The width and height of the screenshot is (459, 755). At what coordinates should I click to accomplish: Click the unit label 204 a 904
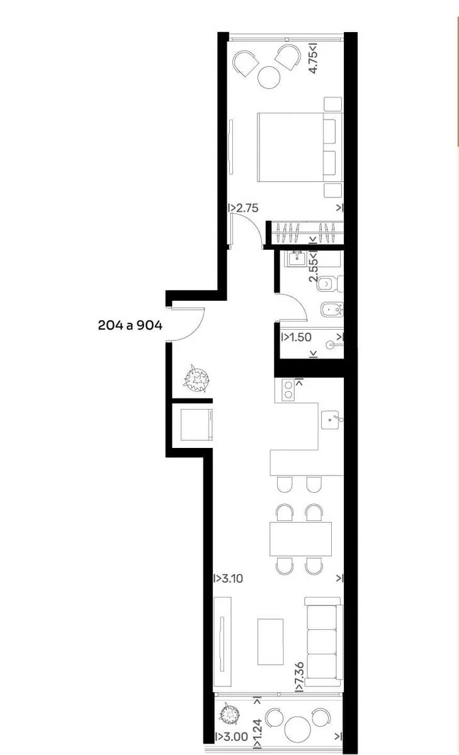pyautogui.click(x=130, y=325)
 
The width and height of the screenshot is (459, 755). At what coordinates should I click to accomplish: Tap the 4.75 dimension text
pyautogui.click(x=314, y=59)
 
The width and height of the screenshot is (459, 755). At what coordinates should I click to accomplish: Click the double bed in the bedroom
pyautogui.click(x=300, y=147)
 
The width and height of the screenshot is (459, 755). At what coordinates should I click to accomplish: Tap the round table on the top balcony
pyautogui.click(x=269, y=78)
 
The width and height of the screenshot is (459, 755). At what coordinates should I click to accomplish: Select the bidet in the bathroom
pyautogui.click(x=332, y=310)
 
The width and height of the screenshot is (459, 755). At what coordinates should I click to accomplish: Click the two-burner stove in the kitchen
pyautogui.click(x=288, y=389)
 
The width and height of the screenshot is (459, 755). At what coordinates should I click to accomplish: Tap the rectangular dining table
pyautogui.click(x=300, y=539)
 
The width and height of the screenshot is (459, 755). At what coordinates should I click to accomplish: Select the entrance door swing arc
pyautogui.click(x=197, y=329)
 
